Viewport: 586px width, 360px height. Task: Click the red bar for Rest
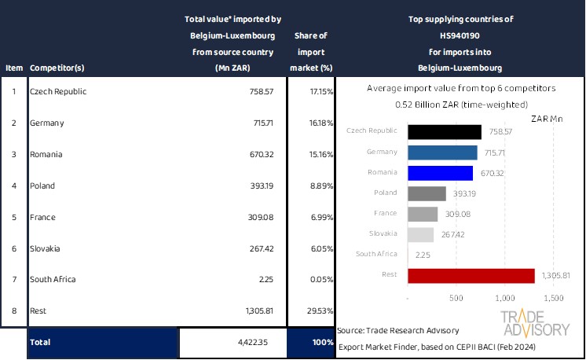tap(471, 275)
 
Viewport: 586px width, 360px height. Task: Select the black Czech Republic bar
tap(445, 131)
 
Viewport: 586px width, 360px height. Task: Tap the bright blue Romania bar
tap(441, 173)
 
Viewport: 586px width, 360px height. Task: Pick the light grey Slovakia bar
tap(421, 234)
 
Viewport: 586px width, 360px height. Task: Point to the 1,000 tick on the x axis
tap(505, 299)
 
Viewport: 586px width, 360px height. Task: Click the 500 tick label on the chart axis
tap(457, 299)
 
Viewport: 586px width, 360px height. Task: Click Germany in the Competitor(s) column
tap(46, 123)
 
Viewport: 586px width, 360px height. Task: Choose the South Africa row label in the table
tap(53, 279)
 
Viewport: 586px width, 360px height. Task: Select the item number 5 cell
tap(13, 217)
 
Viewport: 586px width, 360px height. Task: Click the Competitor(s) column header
tap(57, 68)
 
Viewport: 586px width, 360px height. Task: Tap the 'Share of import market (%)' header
tap(310, 52)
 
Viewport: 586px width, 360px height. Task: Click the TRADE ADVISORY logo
tap(536, 323)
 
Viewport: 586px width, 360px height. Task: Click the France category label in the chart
tap(385, 213)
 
